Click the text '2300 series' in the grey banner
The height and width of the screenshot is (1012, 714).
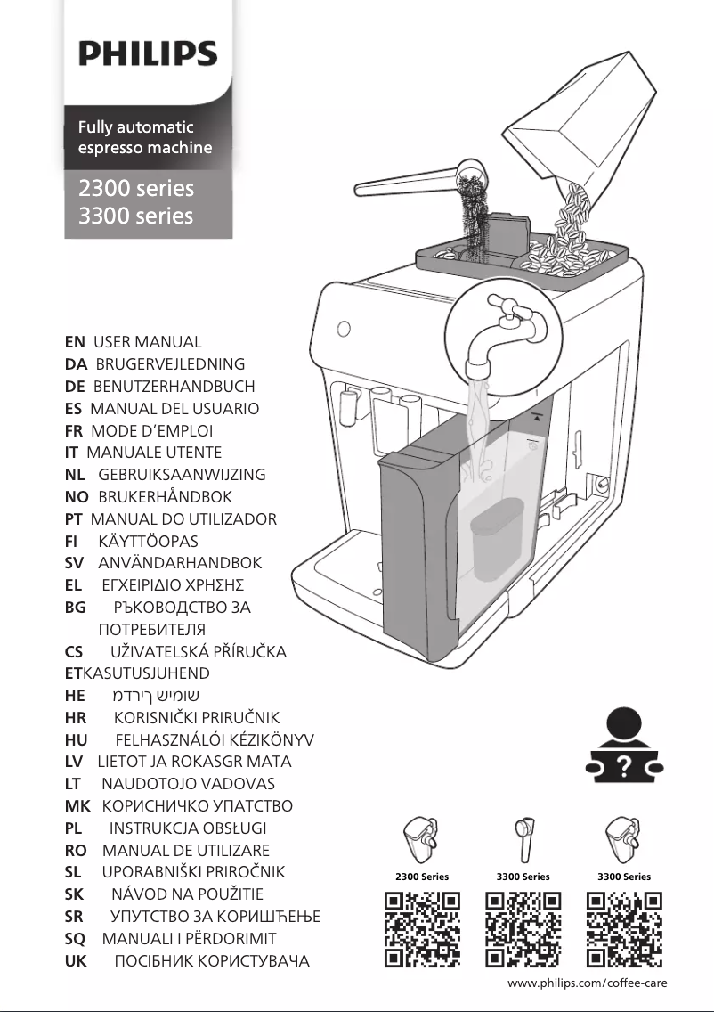pos(135,188)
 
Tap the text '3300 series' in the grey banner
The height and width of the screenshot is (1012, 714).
pos(135,216)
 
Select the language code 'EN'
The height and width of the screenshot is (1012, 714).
pos(75,342)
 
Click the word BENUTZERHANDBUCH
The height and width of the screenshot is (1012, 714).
pos(174,387)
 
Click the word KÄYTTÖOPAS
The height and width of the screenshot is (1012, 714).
pos(148,542)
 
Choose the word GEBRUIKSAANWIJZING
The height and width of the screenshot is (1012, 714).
pos(182,475)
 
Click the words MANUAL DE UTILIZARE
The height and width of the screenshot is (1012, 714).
pos(185,851)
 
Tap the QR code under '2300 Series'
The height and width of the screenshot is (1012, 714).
pos(422,929)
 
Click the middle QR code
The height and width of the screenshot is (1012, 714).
pos(523,929)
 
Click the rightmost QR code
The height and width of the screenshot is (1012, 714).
pos(624,929)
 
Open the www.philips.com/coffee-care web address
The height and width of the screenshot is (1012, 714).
pos(587,983)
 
